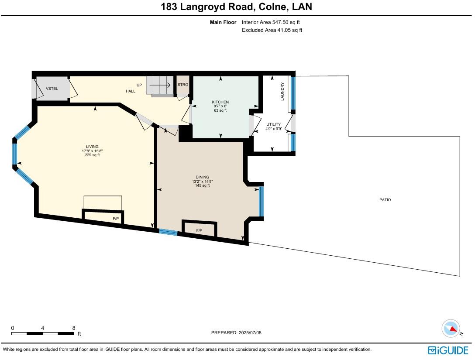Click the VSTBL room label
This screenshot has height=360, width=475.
[52, 89]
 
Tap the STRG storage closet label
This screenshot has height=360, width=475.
[182, 84]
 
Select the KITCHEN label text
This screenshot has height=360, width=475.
[220, 102]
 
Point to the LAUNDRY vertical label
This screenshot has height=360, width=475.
[282, 92]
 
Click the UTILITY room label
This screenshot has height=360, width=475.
[274, 124]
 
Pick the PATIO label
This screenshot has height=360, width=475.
[385, 200]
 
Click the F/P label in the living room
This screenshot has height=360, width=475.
[116, 218]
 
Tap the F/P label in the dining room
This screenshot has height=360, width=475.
[199, 230]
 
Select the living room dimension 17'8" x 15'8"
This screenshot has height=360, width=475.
[92, 151]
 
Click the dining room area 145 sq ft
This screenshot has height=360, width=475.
[202, 185]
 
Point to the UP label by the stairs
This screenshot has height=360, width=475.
[139, 85]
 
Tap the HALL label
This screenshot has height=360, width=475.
[131, 91]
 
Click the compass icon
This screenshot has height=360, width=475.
[451, 328]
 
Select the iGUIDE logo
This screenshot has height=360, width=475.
[448, 350]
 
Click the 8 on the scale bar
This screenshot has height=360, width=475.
[74, 328]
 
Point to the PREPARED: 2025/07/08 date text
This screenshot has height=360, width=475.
[236, 333]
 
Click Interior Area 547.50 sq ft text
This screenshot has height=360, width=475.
[271, 22]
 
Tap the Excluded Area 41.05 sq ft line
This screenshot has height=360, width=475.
[272, 30]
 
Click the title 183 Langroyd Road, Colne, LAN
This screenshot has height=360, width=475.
[236, 7]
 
